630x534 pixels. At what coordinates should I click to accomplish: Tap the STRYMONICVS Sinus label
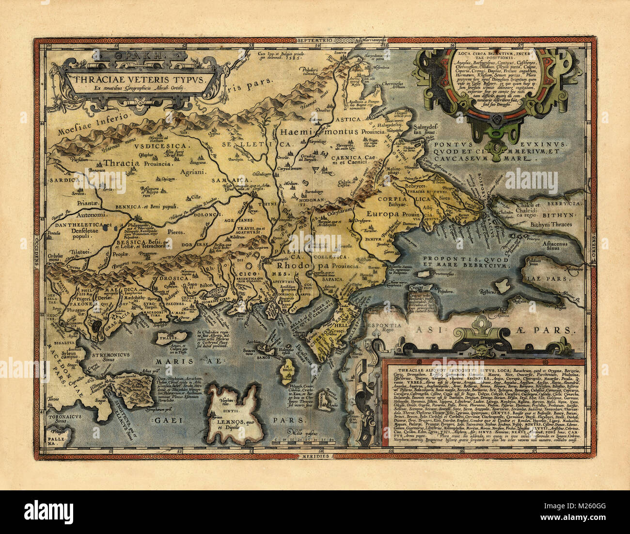pos(105,358)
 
